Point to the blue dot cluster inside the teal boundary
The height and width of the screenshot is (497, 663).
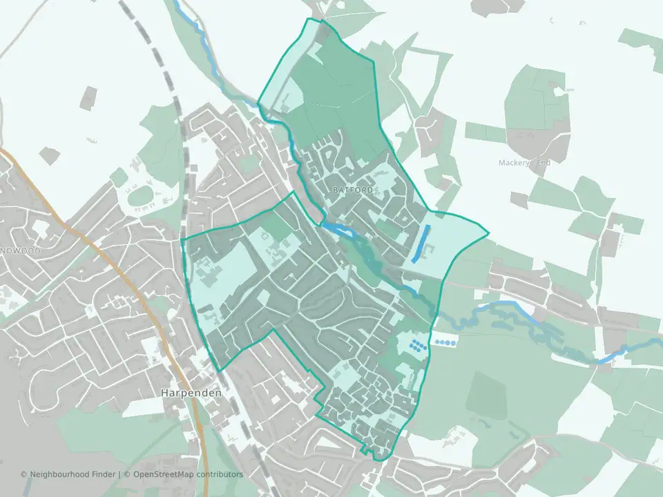pyautogui.click(x=416, y=344)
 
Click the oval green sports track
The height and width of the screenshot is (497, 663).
pyautogui.click(x=142, y=196)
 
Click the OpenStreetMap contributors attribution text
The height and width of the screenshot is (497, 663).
pyautogui.click(x=188, y=474)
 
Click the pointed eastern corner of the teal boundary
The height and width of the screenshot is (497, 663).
pyautogui.click(x=488, y=233)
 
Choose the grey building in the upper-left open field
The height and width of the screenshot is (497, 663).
pyautogui.click(x=88, y=98)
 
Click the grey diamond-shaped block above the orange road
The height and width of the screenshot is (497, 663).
pyautogui.click(x=48, y=155)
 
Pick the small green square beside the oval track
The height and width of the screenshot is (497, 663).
pyautogui.click(x=119, y=177)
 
